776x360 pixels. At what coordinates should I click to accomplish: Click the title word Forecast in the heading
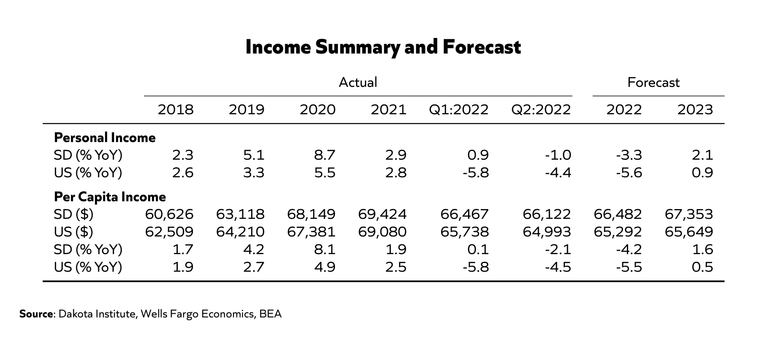coord(482,47)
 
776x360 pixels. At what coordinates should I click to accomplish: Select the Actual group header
coord(358,82)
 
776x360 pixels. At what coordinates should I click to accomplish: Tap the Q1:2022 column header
coord(459,110)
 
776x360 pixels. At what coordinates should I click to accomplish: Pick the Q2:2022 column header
coord(541,110)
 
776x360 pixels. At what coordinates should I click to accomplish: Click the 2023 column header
coord(695,110)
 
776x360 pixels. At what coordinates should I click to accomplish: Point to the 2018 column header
coord(176,110)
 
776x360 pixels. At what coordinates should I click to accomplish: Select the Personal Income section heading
coord(105,138)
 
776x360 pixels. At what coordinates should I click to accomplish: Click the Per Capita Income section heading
coord(110,197)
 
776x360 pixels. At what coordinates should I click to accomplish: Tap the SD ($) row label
coord(74,215)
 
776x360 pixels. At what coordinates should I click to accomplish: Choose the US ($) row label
coord(74,232)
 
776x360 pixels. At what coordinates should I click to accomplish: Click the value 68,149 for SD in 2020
coord(311,215)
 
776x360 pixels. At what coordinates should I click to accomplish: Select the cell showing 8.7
coord(324,156)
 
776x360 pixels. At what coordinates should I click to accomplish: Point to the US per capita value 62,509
coord(169,232)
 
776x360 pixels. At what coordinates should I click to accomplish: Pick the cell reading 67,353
coord(689,215)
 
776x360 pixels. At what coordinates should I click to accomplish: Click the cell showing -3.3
coord(629,156)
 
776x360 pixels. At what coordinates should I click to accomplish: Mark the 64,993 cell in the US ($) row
coord(547,232)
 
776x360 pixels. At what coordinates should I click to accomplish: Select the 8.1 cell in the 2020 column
coord(324,250)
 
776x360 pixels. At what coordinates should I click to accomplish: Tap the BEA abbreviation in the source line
coord(270,314)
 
